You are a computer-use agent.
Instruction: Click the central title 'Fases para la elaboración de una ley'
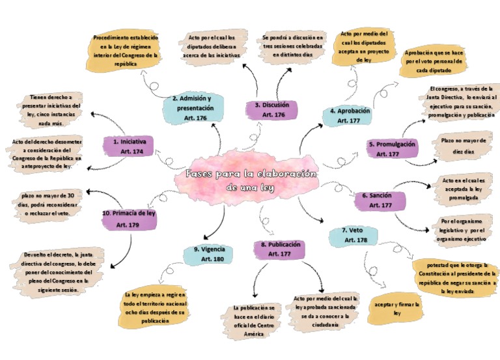[x=251, y=180]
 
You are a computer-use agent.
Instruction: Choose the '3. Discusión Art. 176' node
[x=272, y=109]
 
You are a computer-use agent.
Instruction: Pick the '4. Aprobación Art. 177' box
[x=350, y=115]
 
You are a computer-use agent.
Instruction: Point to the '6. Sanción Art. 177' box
[x=380, y=200]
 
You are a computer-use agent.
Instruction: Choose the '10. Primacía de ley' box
[x=129, y=219]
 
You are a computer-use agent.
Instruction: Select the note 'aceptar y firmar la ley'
[x=393, y=308]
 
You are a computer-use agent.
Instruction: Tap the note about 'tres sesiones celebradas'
[x=292, y=46]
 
